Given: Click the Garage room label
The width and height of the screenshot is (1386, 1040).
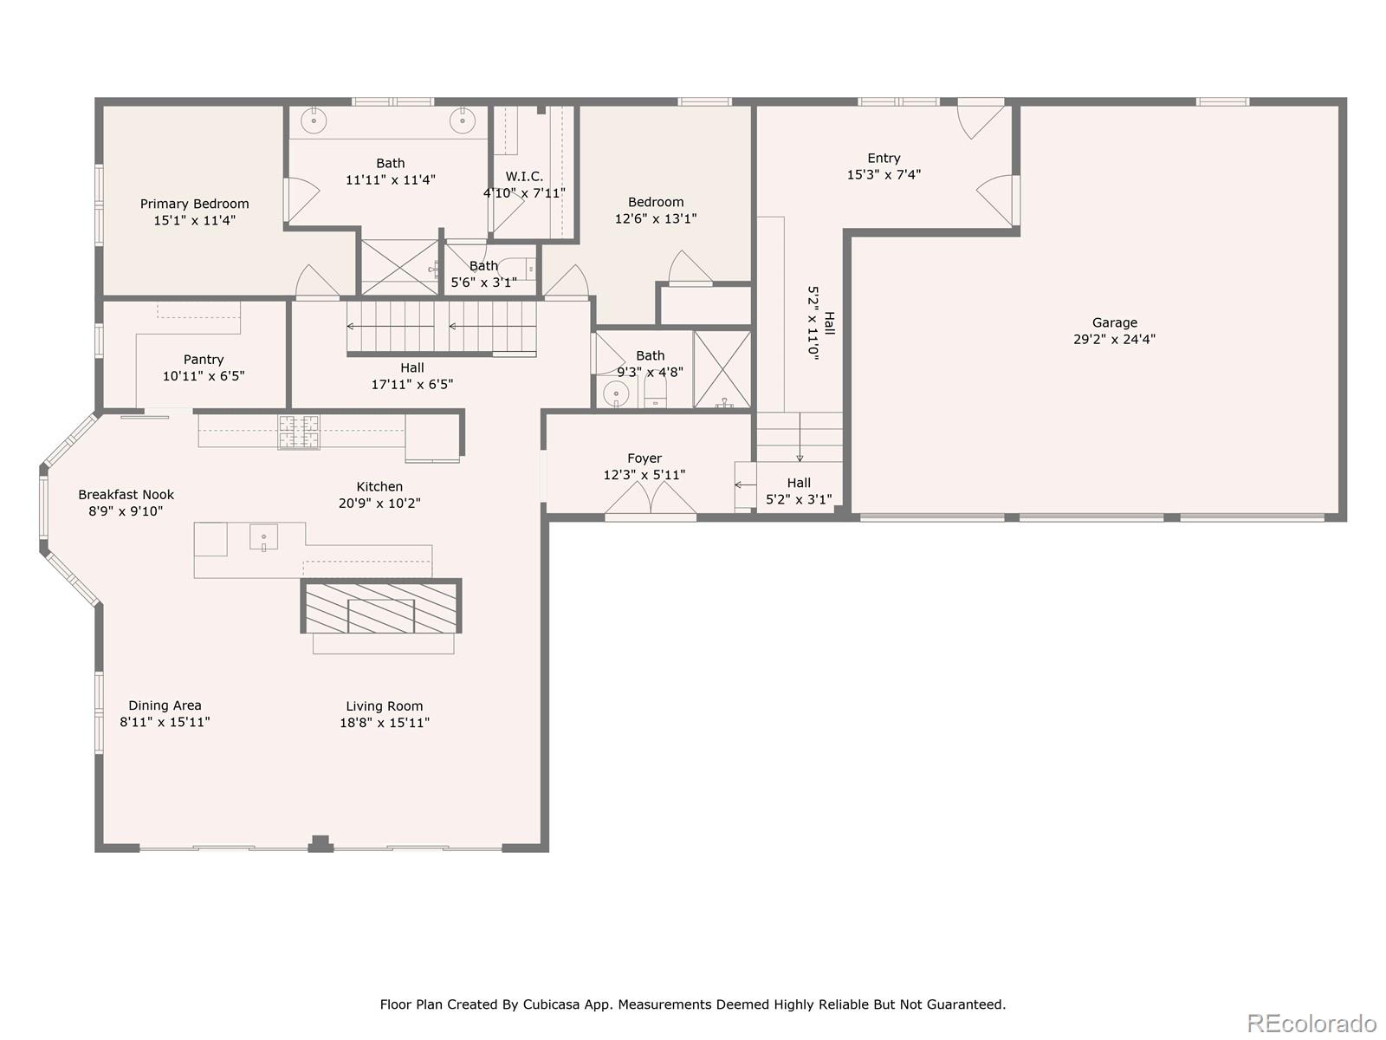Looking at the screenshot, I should click(x=1114, y=322).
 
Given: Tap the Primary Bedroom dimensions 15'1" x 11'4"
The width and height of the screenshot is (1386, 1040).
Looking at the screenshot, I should click(x=194, y=221).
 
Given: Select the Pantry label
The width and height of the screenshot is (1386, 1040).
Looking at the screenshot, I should click(x=204, y=359).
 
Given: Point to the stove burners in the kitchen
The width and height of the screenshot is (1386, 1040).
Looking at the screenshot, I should click(x=299, y=432).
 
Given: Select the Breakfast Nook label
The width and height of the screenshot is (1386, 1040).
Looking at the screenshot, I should click(x=126, y=494).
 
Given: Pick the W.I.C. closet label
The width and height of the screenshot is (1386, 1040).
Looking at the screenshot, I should click(x=524, y=176).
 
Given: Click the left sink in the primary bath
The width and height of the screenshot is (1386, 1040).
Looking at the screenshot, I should click(x=313, y=120).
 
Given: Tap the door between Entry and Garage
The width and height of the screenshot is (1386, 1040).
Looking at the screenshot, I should click(x=998, y=199).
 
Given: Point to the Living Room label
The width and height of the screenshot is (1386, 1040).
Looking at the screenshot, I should click(x=384, y=705).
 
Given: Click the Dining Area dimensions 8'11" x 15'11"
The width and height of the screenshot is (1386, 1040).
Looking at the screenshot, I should click(x=165, y=722).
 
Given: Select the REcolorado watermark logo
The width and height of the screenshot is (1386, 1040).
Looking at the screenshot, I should click(x=1311, y=1023).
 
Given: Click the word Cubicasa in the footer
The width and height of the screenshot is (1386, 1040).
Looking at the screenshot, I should click(x=550, y=1004).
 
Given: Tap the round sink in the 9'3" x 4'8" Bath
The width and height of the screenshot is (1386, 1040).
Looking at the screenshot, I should click(x=616, y=394).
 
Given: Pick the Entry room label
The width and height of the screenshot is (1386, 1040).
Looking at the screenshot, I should click(x=884, y=158).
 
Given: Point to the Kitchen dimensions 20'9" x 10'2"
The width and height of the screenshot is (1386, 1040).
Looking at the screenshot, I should click(x=379, y=503).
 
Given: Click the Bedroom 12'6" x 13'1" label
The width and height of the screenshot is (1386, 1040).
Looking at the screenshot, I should click(x=656, y=202).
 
